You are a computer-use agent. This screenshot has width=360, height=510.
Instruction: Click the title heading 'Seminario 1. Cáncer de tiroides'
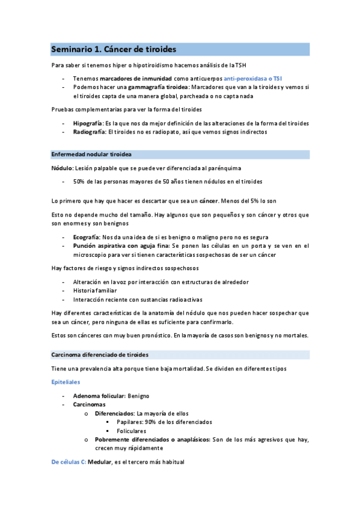114,49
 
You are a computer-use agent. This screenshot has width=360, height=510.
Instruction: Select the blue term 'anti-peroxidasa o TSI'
257,78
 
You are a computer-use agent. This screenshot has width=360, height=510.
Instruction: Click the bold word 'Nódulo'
62,168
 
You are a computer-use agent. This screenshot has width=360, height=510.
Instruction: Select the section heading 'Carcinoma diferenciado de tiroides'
100,354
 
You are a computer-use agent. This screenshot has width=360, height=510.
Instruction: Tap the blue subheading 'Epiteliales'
66,382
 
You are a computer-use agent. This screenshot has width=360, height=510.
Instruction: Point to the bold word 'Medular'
100,462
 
